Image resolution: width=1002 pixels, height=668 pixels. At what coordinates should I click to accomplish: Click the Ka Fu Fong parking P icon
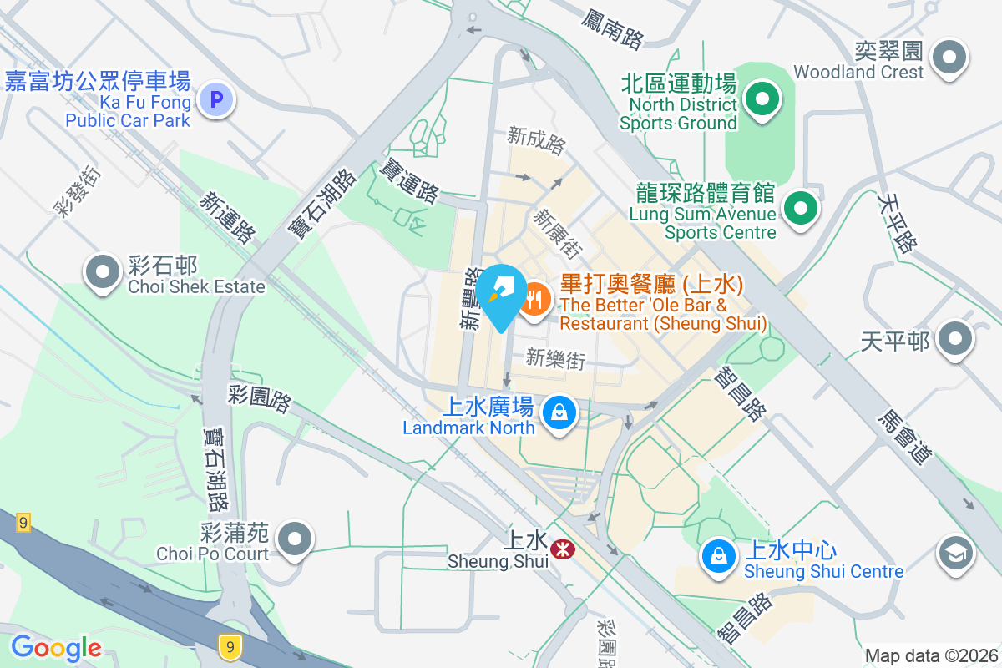pyautogui.click(x=216, y=101)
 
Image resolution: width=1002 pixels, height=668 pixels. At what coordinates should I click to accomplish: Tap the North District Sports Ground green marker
pyautogui.click(x=762, y=99)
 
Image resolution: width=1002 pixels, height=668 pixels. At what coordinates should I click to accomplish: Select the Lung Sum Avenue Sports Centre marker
pyautogui.click(x=801, y=205)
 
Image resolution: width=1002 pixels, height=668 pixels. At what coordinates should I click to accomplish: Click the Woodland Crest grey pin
pyautogui.click(x=949, y=58)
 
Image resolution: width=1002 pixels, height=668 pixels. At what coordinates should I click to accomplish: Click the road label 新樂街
pyautogui.click(x=554, y=359)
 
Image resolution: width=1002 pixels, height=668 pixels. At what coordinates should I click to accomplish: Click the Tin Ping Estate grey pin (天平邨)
pyautogui.click(x=955, y=340)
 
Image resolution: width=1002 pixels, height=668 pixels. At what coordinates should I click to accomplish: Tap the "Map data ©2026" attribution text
pyautogui.click(x=931, y=655)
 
